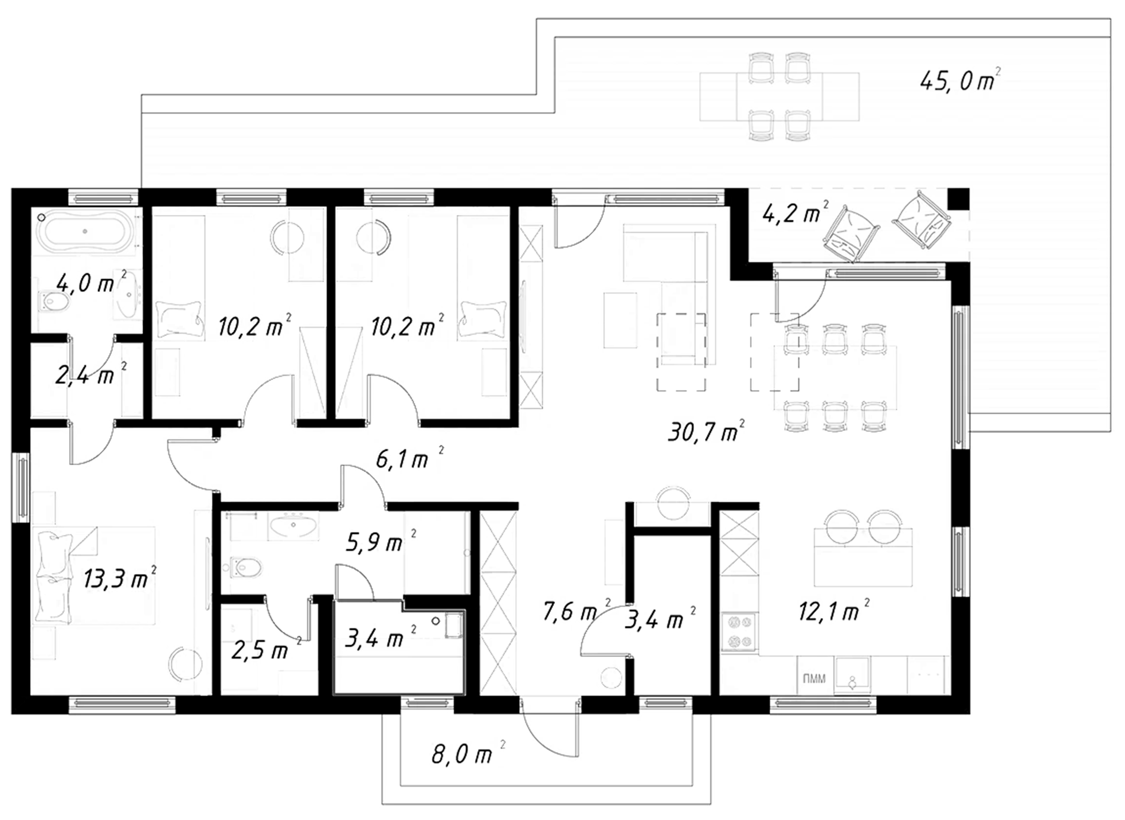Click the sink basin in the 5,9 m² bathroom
[x=293, y=525]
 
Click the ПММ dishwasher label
[x=814, y=679]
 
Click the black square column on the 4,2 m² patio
[x=958, y=198]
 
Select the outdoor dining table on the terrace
[x=779, y=96]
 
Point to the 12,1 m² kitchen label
[x=834, y=610]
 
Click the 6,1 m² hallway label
[x=410, y=458]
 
